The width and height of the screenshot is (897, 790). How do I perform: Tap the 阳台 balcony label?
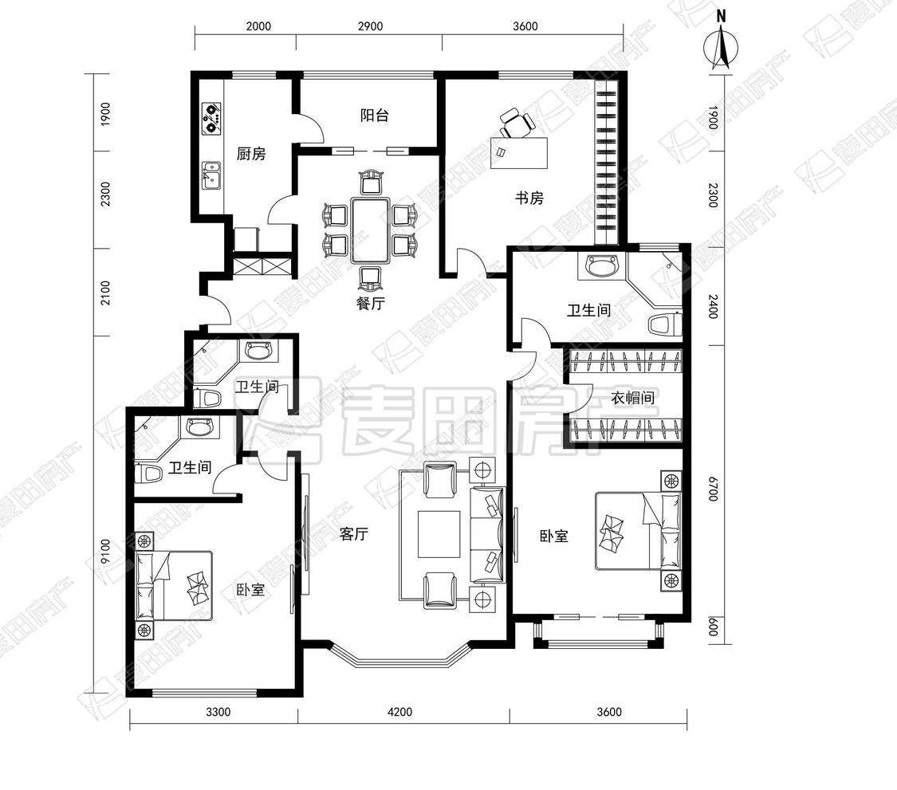pyautogui.click(x=375, y=116)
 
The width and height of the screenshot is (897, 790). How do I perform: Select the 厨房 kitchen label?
pyautogui.click(x=251, y=154)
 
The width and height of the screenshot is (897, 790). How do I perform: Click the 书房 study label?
pyautogui.click(x=529, y=198)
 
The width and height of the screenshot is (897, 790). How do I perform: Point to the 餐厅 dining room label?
pyautogui.click(x=371, y=303)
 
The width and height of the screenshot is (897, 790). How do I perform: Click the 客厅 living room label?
pyautogui.click(x=353, y=534)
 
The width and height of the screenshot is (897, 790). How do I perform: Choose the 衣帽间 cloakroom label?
pyautogui.click(x=633, y=398)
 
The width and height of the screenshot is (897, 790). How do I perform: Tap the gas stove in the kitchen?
pyautogui.click(x=211, y=117)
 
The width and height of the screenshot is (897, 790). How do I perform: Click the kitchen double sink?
pyautogui.click(x=211, y=175)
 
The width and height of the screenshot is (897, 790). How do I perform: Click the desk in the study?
pyautogui.click(x=519, y=153)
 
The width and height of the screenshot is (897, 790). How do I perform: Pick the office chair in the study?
pyautogui.click(x=516, y=124)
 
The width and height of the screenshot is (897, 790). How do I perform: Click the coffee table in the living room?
pyautogui.click(x=439, y=534)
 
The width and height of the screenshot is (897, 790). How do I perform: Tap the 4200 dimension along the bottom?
pyautogui.click(x=400, y=712)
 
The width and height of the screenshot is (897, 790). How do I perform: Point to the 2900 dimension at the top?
pyautogui.click(x=370, y=26)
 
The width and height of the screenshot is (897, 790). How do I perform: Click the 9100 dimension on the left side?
pyautogui.click(x=105, y=552)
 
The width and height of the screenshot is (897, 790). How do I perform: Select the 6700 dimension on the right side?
pyautogui.click(x=712, y=489)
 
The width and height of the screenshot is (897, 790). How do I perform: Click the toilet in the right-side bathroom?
pyautogui.click(x=665, y=325)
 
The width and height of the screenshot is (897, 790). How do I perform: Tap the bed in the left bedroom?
pyautogui.click(x=174, y=586)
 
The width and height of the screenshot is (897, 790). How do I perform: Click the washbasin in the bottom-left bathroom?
pyautogui.click(x=199, y=426)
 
